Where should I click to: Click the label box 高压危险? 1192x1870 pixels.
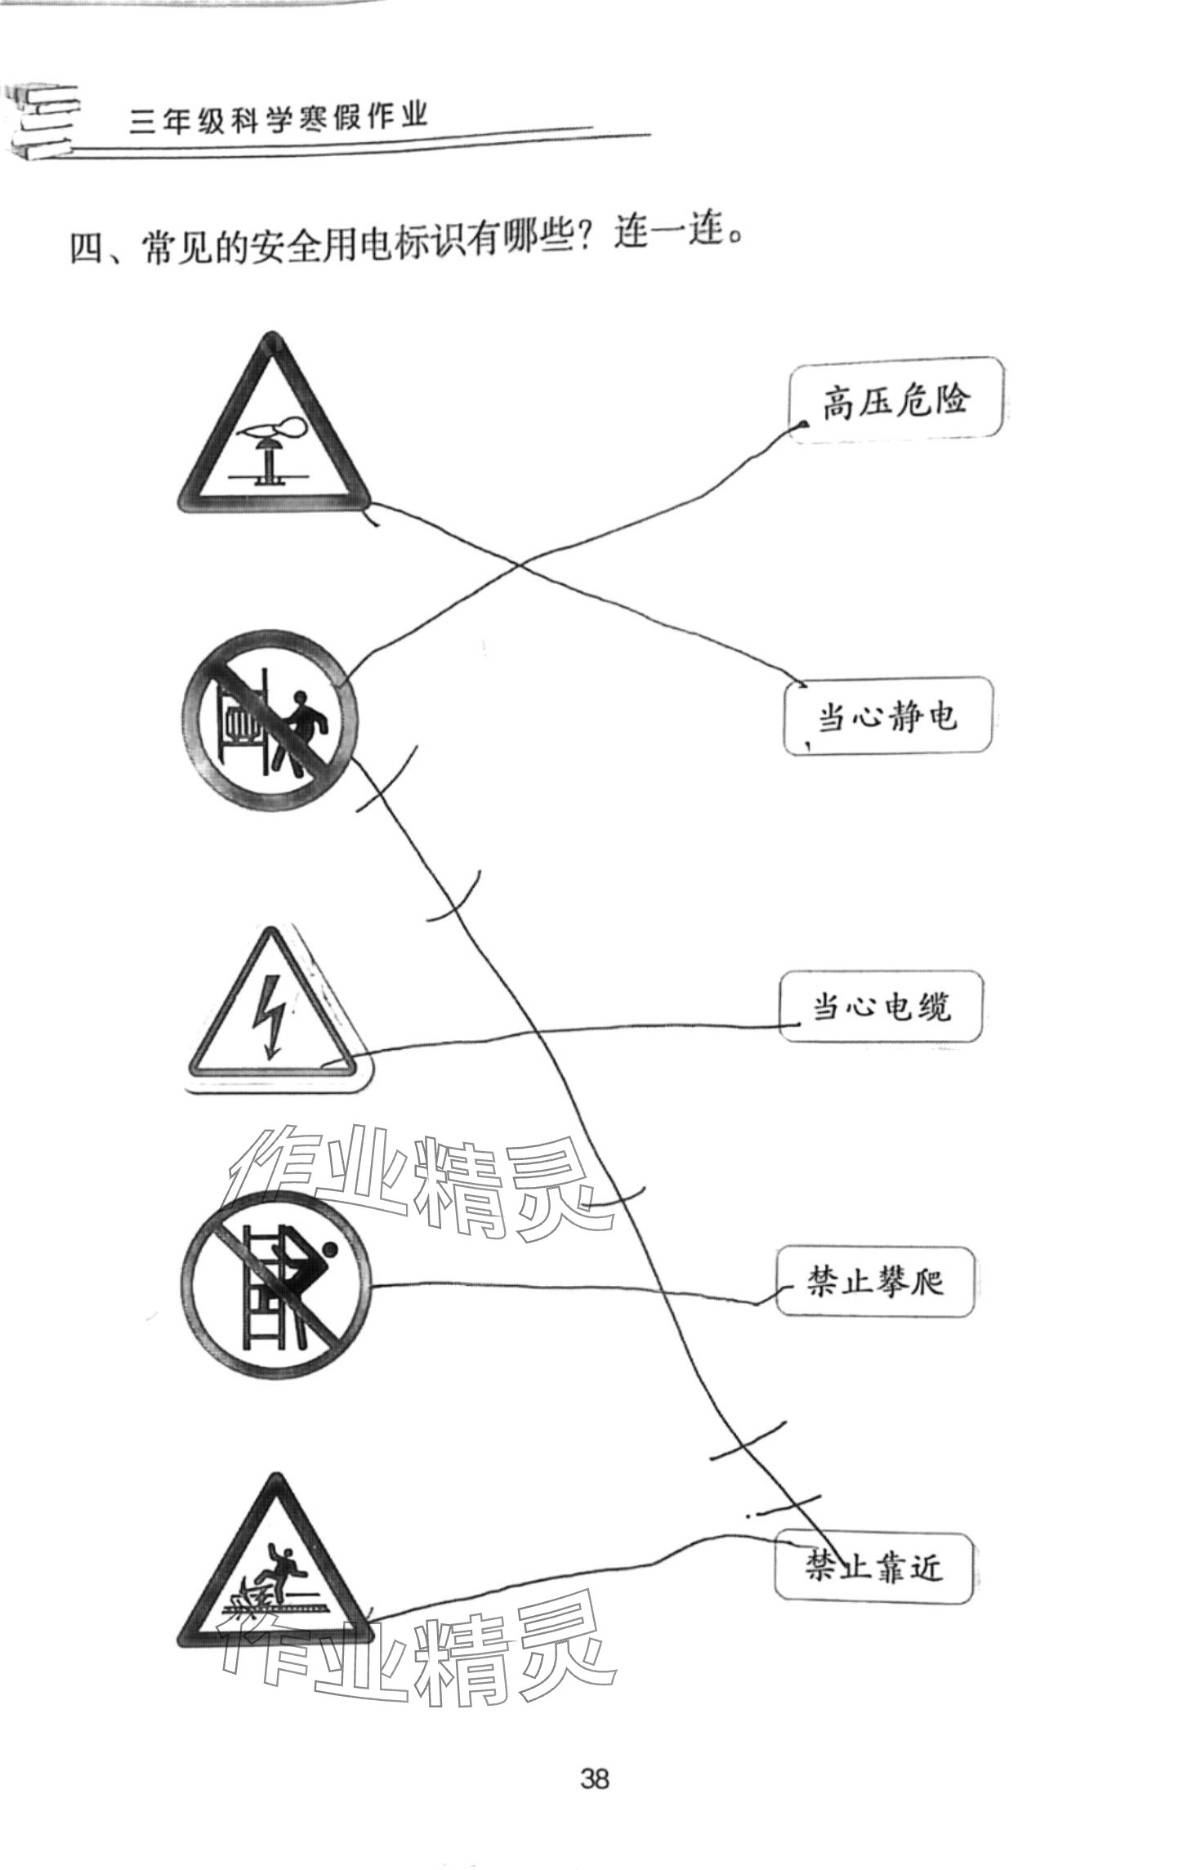(895, 400)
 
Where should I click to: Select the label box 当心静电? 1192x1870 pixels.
(887, 716)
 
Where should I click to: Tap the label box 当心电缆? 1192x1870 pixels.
(880, 1006)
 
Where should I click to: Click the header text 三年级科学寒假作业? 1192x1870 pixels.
(278, 118)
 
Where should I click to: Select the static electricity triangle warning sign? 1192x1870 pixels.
(274, 433)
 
